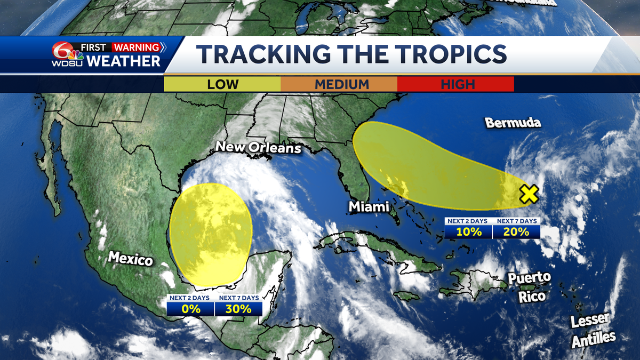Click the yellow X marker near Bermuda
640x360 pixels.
point(529,195)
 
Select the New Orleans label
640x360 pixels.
point(258,148)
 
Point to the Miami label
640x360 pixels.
point(369,206)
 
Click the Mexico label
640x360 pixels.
point(131,259)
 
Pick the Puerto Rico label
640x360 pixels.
point(529,286)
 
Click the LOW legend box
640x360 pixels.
point(222,84)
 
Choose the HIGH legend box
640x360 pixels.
point(456,84)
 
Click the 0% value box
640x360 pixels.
point(190,309)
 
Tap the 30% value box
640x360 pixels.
point(238,309)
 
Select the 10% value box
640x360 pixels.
point(469,232)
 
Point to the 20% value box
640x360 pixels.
point(516,232)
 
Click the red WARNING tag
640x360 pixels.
point(136,47)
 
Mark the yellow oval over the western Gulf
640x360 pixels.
point(211,233)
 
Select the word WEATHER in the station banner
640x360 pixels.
point(123,61)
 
